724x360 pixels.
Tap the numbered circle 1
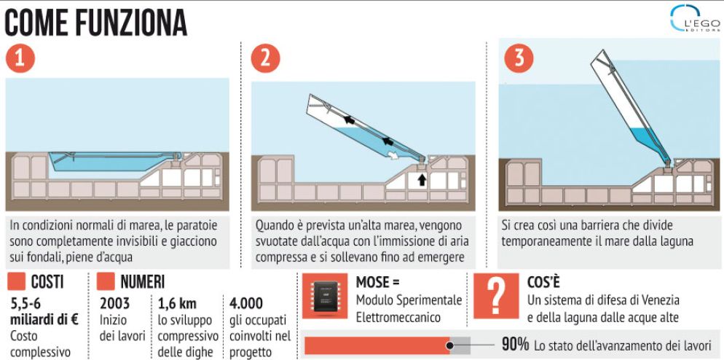(20, 59)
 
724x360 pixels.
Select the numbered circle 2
(266, 59)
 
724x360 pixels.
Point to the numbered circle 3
(519, 58)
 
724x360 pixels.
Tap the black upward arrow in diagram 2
(422, 180)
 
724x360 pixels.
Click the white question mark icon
(496, 296)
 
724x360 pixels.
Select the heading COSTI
(47, 281)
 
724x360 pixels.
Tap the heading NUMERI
(142, 281)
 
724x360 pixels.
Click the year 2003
(115, 303)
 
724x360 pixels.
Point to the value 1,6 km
(177, 303)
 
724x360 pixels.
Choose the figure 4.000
(246, 303)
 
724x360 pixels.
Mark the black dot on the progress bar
(449, 345)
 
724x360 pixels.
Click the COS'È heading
(543, 281)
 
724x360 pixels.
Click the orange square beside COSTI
(17, 281)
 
